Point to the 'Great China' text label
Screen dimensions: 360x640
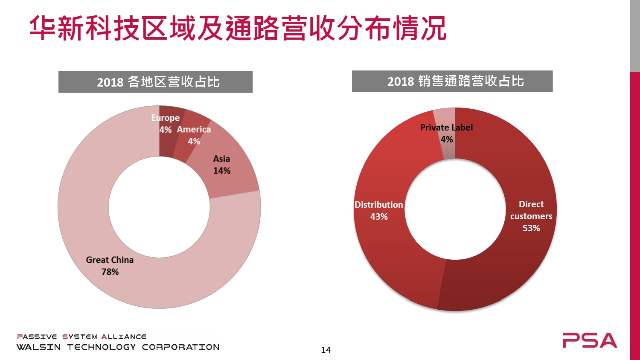click(x=110, y=260)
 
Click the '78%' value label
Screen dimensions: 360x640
click(x=110, y=272)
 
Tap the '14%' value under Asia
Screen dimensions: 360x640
click(x=222, y=171)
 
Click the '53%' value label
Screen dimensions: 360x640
click(x=531, y=228)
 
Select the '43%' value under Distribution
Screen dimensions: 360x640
click(x=379, y=217)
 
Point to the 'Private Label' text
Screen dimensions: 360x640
click(x=446, y=127)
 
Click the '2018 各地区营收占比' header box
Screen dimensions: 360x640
click(x=155, y=82)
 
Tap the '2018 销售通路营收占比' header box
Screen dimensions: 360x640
click(x=452, y=81)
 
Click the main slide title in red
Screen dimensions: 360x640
click(x=238, y=28)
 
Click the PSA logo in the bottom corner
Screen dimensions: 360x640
click(x=590, y=340)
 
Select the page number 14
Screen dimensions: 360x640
click(x=326, y=350)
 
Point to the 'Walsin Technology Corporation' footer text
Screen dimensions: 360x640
click(x=118, y=347)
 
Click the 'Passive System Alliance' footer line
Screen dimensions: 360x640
click(x=82, y=337)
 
